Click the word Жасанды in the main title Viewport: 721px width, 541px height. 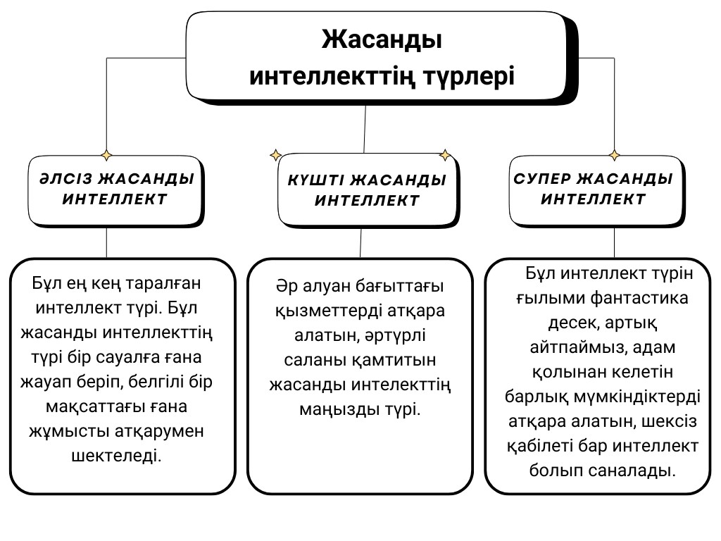(x=382, y=39)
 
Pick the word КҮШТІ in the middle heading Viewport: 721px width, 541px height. (x=316, y=180)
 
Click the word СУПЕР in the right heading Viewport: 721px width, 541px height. (x=542, y=178)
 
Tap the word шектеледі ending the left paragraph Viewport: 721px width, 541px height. (x=116, y=456)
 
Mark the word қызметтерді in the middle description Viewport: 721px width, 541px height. (x=328, y=311)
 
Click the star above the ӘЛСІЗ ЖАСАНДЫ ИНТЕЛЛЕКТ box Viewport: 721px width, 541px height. (x=106, y=156)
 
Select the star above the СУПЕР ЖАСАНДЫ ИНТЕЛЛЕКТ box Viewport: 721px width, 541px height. (x=614, y=156)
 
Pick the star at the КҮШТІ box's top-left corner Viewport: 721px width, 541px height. (x=275, y=155)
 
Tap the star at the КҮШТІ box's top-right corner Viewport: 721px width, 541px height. (x=445, y=155)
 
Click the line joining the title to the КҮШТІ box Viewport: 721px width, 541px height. (x=365, y=129)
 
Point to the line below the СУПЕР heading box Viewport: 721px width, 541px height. (x=614, y=242)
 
